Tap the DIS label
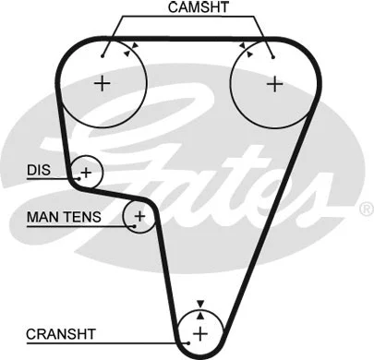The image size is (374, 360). (37, 170)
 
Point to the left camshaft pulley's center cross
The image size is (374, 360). (102, 82)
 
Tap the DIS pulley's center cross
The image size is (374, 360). (87, 172)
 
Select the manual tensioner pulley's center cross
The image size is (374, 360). (139, 218)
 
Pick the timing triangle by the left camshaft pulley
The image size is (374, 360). (136, 45)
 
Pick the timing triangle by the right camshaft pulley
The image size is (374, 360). (241, 45)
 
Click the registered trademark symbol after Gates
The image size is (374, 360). (363, 210)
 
